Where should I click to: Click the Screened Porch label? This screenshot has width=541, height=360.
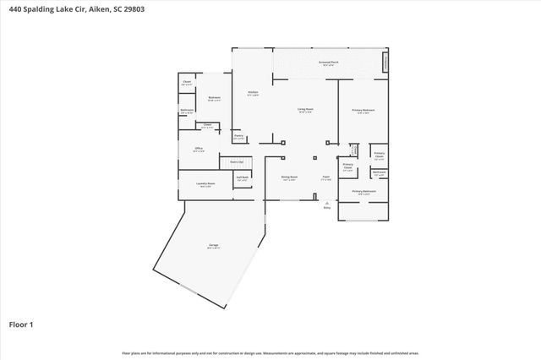point(330,63)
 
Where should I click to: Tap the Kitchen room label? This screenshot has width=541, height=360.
point(252,92)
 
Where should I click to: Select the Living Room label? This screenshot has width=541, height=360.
point(305,110)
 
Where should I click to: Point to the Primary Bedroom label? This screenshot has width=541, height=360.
point(363,110)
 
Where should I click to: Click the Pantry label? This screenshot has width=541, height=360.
point(238,135)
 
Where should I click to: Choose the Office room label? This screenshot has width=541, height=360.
point(199,149)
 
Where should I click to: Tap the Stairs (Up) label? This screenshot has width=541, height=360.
point(237,161)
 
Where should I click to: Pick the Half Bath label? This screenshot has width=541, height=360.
point(243,177)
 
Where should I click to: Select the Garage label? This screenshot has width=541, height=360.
point(214,245)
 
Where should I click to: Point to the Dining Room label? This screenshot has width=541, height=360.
point(289,177)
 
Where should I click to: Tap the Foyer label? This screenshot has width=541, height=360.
point(325,177)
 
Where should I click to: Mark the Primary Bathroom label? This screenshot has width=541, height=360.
point(363,192)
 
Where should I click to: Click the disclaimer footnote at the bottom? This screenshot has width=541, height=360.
point(270,352)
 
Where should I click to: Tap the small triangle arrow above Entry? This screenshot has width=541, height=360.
point(326,203)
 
